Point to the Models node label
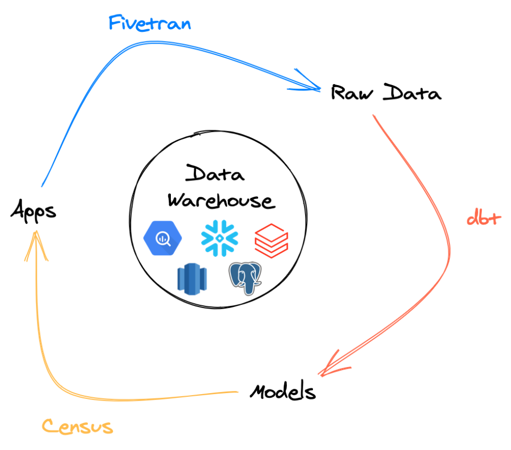coord(283,391)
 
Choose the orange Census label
coord(78,427)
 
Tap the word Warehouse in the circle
coord(221,201)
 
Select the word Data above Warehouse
coord(215,174)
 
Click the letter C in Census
coord(50,427)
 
